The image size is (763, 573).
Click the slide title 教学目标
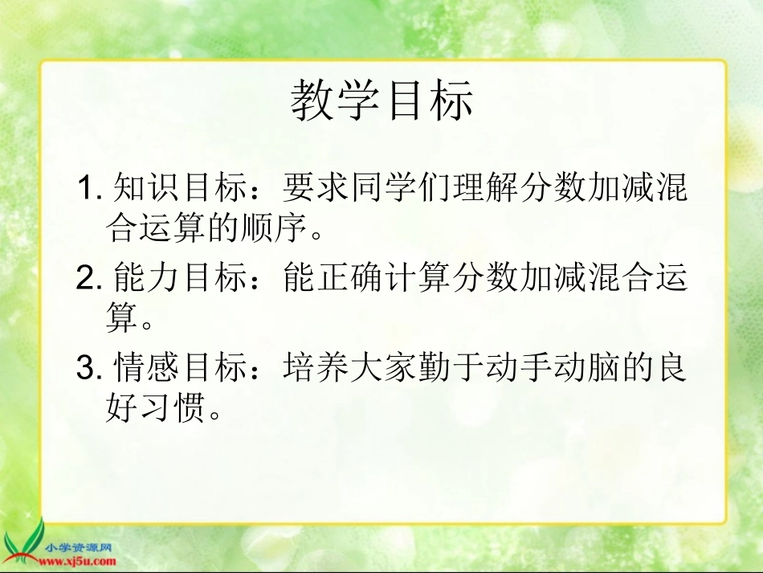tap(381, 101)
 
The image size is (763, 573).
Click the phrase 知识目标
tap(183, 190)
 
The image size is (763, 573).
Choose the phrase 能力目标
tap(183, 279)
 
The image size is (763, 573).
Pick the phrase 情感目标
tap(183, 369)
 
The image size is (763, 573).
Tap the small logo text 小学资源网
tap(79, 548)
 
